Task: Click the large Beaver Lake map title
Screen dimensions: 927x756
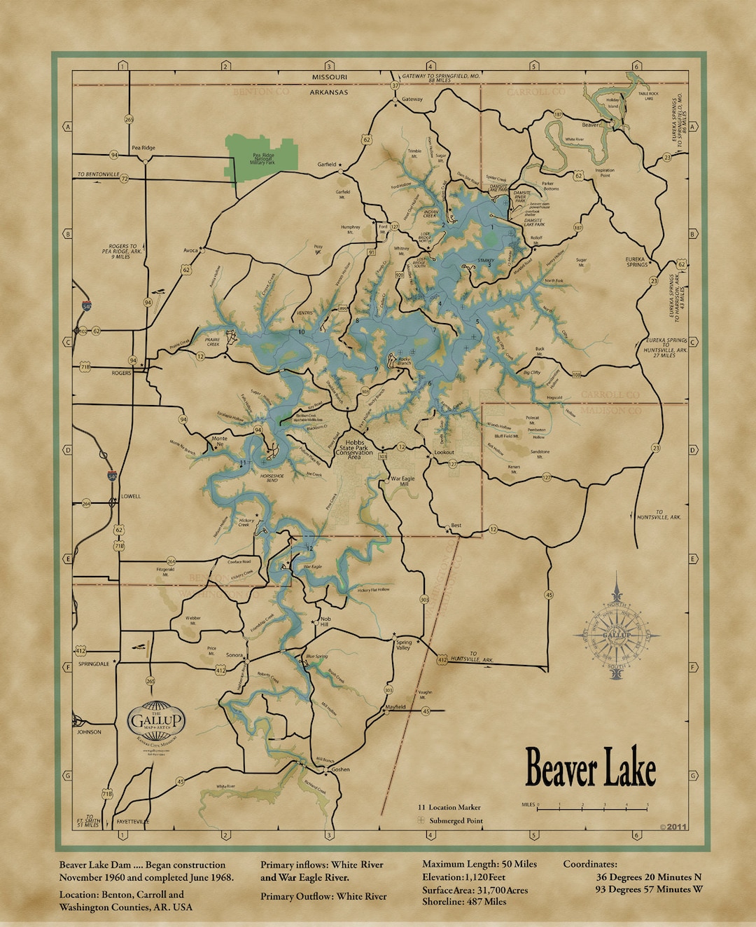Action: point(590,769)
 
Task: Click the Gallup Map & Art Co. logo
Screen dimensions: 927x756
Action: point(156,721)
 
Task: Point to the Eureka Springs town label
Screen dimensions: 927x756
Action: point(636,262)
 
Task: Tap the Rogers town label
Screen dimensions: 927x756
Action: point(121,373)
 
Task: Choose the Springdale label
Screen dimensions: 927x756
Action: point(94,664)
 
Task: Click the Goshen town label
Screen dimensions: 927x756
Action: point(340,769)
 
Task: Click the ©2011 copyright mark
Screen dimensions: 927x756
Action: point(673,827)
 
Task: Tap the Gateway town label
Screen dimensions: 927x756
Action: point(412,99)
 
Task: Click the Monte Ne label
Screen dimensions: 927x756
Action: point(219,441)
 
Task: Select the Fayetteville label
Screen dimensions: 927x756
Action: point(132,821)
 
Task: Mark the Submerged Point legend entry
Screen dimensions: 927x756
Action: point(455,820)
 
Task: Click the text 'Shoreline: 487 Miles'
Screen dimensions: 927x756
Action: point(463,902)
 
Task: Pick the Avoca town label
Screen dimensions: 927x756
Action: point(190,250)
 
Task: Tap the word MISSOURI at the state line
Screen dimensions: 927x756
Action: point(329,76)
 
